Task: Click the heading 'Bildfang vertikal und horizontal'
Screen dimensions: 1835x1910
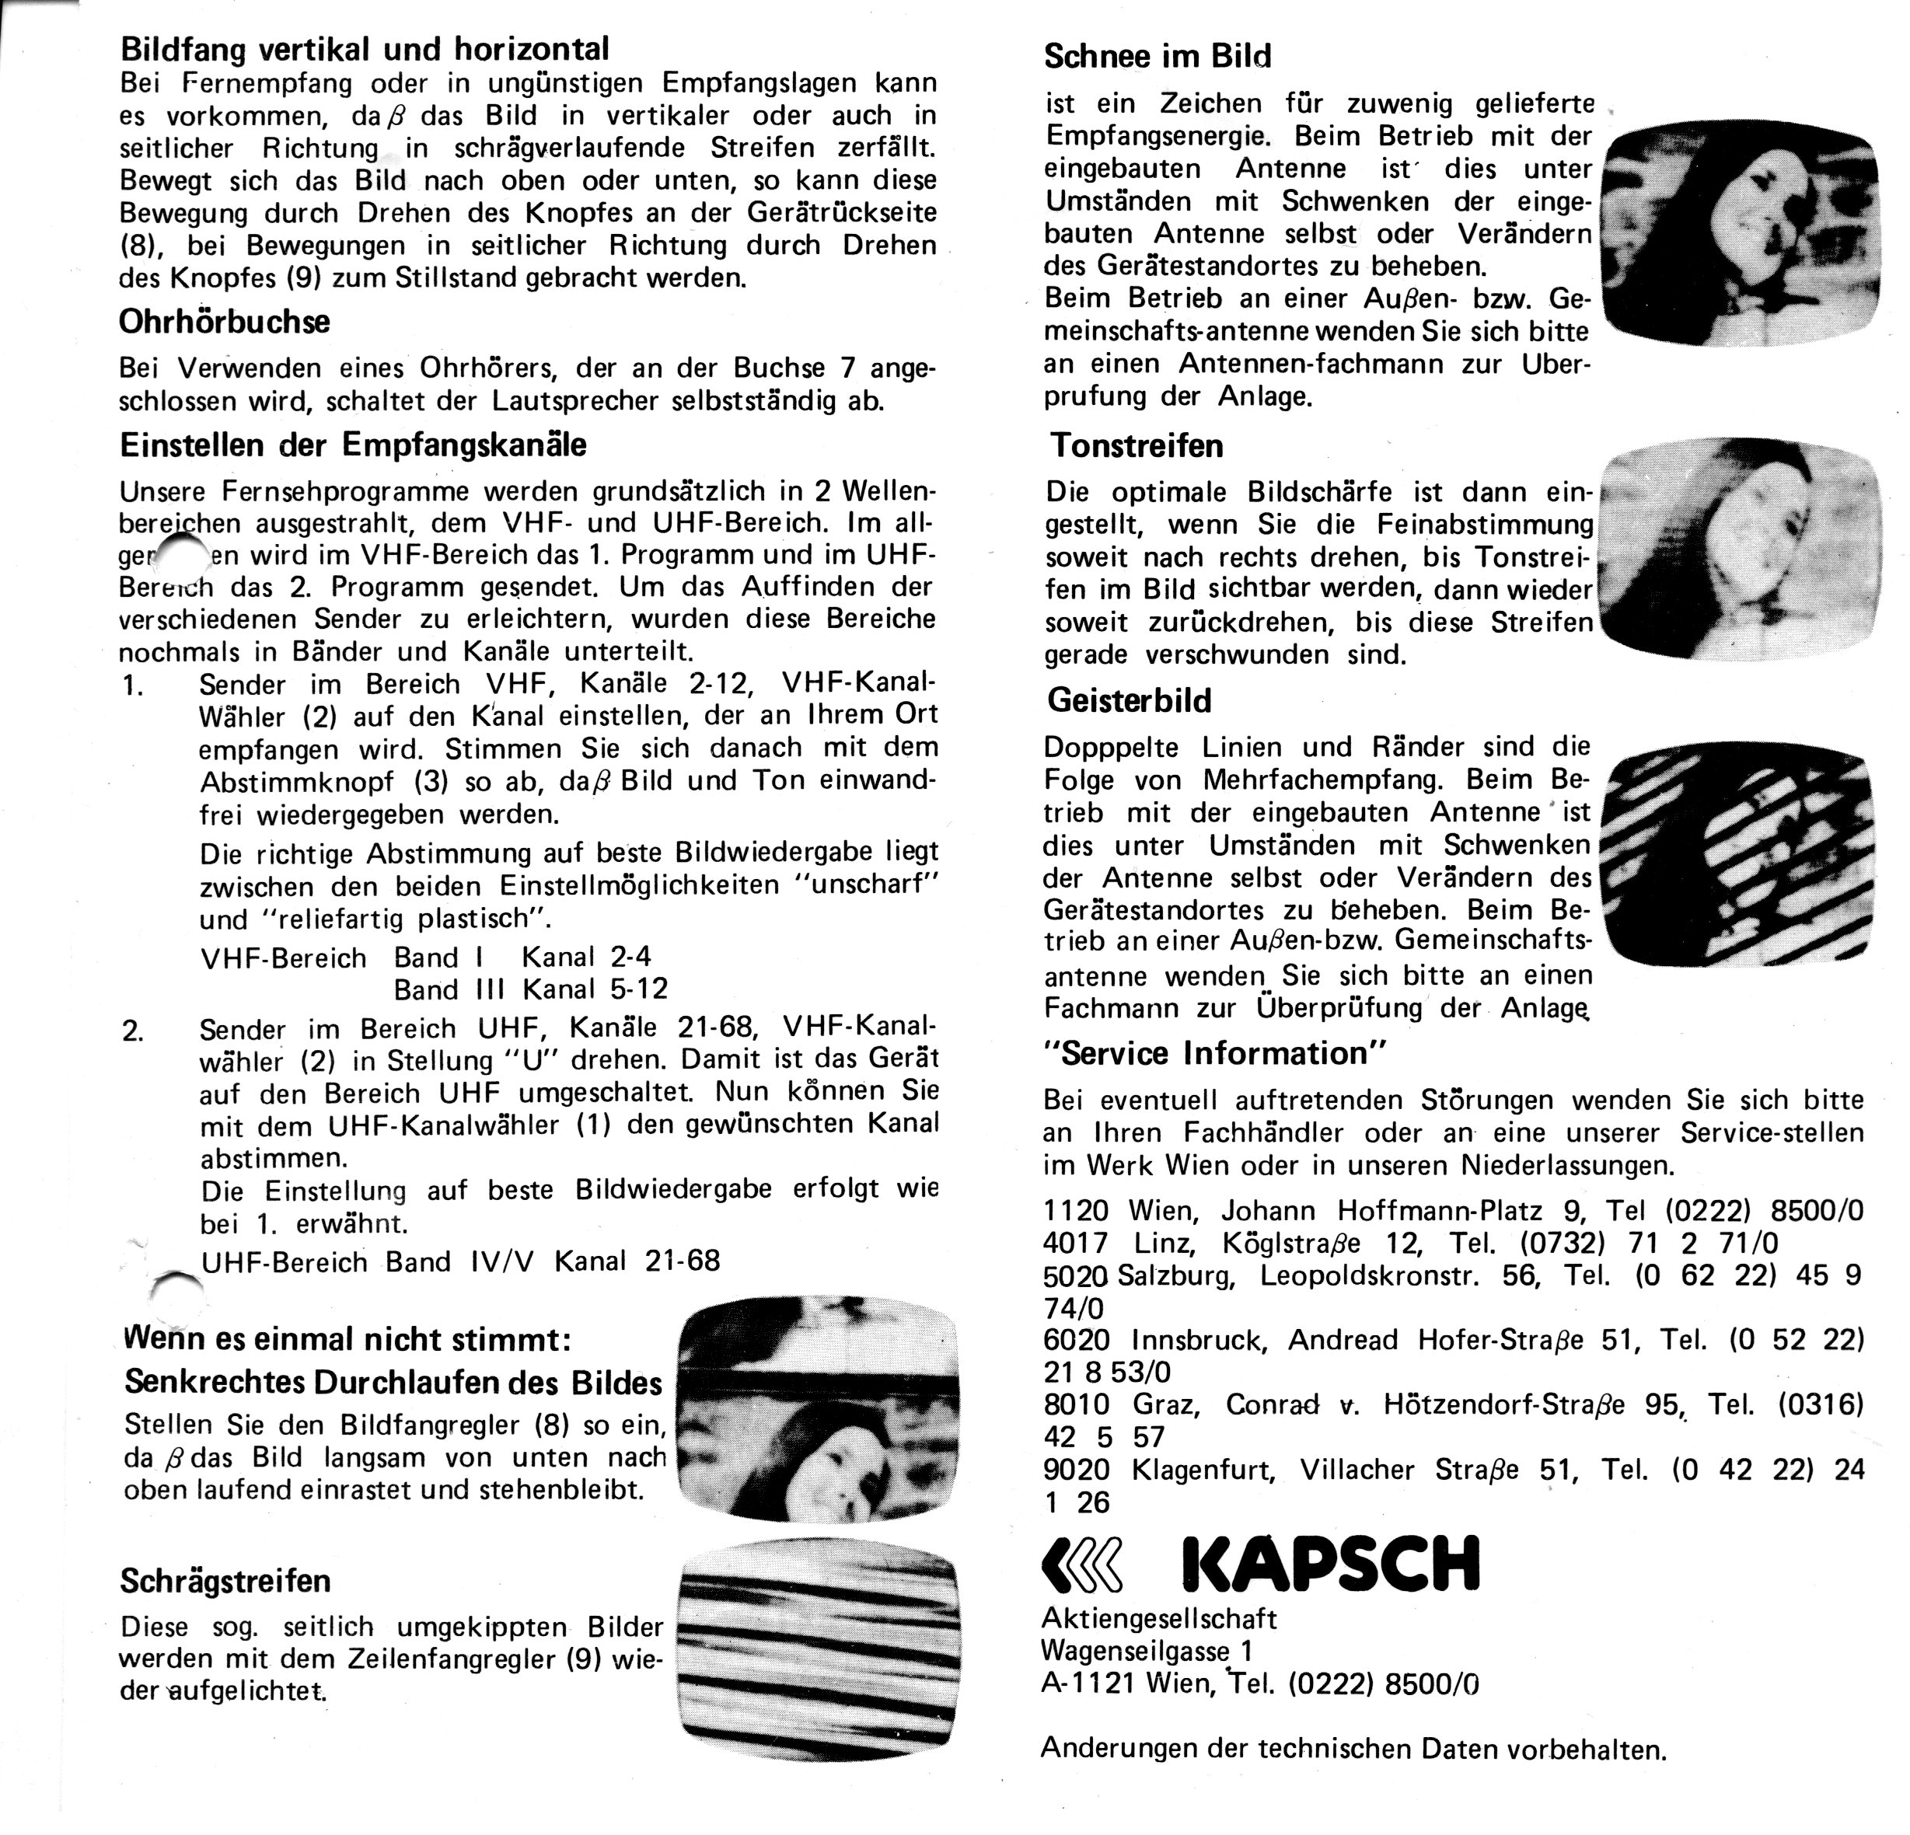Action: (x=365, y=49)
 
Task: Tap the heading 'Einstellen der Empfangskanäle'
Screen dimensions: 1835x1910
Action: (x=353, y=445)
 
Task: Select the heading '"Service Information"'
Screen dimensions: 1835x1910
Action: (x=1214, y=1053)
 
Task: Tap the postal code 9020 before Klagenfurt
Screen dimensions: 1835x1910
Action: (x=1076, y=1470)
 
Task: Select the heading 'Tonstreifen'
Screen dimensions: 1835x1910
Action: (x=1137, y=446)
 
